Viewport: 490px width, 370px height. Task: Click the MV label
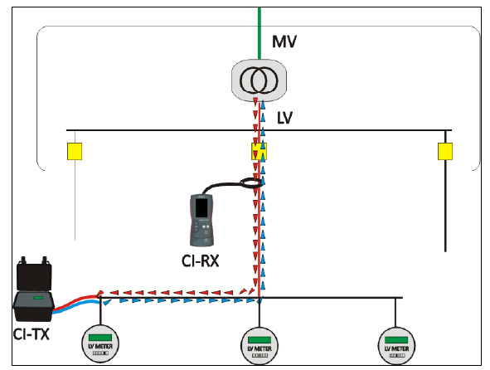(x=284, y=41)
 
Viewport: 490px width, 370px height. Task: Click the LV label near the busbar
(x=284, y=118)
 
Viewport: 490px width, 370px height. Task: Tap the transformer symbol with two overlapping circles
(x=259, y=80)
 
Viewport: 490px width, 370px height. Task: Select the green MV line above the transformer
(x=260, y=33)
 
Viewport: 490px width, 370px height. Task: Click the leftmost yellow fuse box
(x=75, y=151)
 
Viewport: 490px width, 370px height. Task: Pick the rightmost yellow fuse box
(x=445, y=151)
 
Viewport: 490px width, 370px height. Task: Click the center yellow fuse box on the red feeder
(x=259, y=151)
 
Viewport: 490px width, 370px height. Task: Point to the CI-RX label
(x=200, y=260)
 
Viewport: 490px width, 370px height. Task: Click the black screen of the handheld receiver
(x=201, y=207)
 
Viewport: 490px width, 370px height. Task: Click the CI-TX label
(x=32, y=334)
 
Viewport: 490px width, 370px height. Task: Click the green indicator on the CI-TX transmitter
(x=38, y=298)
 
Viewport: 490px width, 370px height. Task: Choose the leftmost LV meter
(x=100, y=343)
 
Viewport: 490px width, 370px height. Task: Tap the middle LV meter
(x=260, y=346)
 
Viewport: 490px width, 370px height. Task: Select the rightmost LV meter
(x=396, y=346)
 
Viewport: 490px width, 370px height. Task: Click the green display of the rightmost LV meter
(x=396, y=340)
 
